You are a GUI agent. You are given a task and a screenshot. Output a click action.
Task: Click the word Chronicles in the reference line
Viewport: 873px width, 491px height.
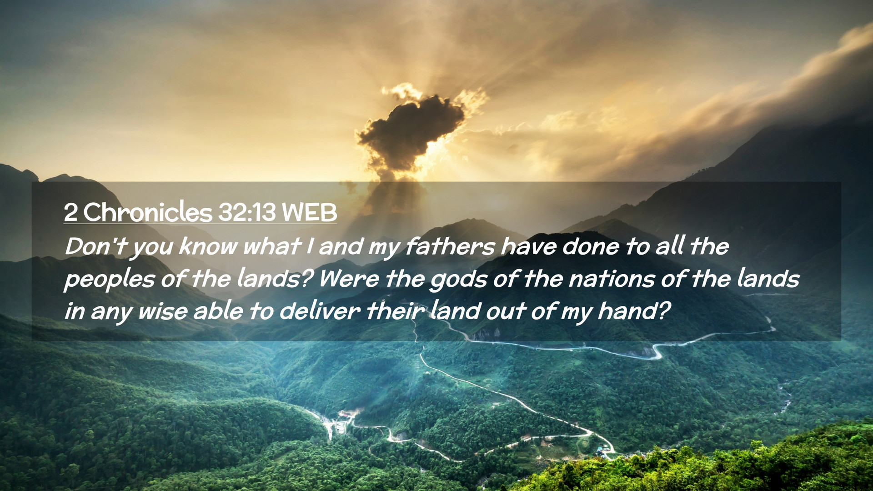[148, 212]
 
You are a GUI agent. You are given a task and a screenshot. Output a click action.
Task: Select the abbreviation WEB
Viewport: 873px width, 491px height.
[309, 212]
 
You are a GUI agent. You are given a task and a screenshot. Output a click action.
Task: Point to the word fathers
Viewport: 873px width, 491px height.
[450, 247]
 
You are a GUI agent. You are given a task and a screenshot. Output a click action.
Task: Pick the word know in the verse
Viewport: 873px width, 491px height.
[208, 247]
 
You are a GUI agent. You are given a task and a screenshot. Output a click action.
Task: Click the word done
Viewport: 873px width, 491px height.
[591, 247]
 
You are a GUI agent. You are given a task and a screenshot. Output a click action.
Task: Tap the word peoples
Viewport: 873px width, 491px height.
[109, 280]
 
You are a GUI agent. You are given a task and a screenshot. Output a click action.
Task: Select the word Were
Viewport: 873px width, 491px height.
[349, 279]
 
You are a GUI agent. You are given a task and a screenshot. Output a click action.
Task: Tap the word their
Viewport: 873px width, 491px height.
[395, 311]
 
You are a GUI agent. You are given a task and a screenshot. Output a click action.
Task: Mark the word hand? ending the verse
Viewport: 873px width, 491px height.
[634, 311]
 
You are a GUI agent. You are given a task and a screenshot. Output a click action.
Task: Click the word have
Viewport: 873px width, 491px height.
[528, 247]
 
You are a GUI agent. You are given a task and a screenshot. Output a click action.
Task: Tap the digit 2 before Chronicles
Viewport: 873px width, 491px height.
[70, 212]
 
